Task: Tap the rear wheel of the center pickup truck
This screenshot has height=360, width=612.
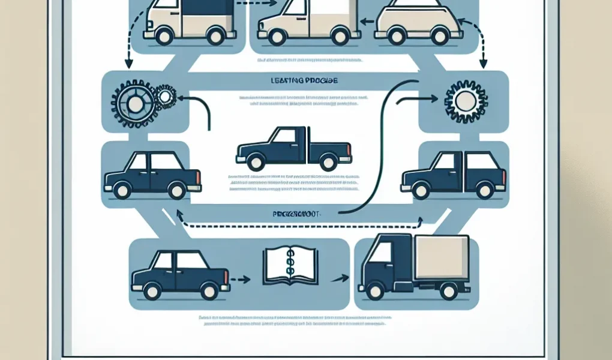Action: [328, 161]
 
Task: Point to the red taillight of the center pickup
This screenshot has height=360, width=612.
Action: [350, 146]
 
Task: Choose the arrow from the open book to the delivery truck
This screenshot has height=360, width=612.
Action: [341, 278]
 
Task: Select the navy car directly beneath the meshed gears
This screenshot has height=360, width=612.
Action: [152, 174]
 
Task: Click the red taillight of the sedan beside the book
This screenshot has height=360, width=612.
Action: [226, 277]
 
